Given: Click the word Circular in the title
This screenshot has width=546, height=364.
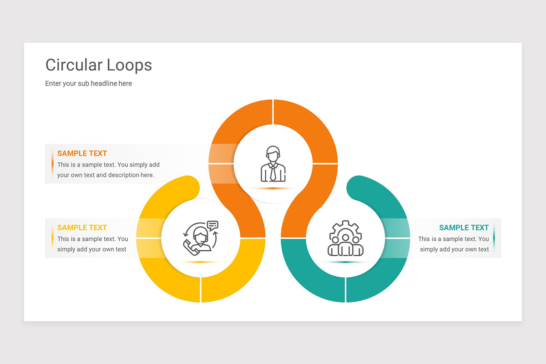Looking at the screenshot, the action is click(x=74, y=65).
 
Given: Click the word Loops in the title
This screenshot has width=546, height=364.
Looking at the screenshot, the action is click(x=129, y=66).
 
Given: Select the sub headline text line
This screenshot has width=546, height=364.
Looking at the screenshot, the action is click(x=88, y=83).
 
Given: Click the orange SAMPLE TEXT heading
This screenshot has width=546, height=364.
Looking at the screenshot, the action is click(x=82, y=153).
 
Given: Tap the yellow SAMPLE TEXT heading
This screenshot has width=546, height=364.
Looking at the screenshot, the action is click(x=82, y=227).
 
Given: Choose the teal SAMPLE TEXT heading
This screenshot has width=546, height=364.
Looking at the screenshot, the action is click(x=464, y=227).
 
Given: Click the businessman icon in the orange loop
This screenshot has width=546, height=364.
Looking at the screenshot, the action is click(x=273, y=164).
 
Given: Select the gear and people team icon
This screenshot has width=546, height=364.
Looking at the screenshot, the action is click(x=345, y=238).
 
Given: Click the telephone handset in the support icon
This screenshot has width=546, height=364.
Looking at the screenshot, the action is click(x=190, y=248).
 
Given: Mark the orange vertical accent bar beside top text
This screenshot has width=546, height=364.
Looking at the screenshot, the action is click(x=52, y=164).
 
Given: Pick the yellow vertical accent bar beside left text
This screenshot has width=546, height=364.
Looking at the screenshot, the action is click(x=52, y=238).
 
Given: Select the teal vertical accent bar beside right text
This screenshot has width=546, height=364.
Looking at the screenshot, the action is click(x=494, y=238).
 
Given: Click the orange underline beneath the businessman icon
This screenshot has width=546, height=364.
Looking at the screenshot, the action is click(x=273, y=188).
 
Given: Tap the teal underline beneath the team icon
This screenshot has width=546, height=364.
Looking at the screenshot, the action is click(x=345, y=262).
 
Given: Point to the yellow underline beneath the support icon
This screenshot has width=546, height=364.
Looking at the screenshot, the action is click(x=201, y=262).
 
